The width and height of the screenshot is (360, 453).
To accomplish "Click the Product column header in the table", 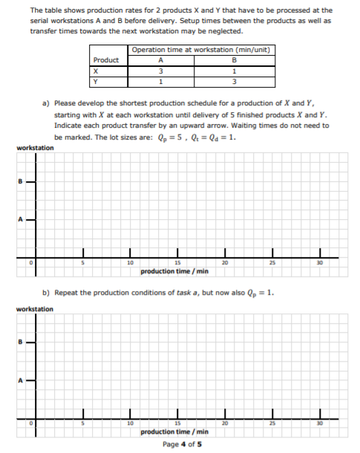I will point(106,60).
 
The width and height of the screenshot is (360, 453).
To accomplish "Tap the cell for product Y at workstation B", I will point(234,82).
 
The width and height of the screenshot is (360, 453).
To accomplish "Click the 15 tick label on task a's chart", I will point(177,262).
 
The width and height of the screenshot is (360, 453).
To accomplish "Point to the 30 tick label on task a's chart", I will point(320,262).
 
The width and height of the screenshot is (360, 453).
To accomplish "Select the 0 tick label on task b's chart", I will point(32,423).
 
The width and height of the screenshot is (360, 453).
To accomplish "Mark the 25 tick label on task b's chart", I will point(272,423).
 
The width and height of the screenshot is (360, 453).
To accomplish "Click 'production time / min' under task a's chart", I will point(177,270).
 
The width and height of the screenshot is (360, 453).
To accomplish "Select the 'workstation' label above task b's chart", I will point(35,308).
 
